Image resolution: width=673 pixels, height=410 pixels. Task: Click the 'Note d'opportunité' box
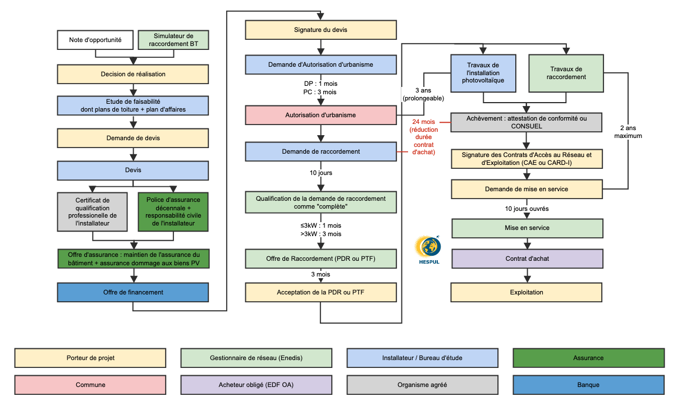(x=95, y=40)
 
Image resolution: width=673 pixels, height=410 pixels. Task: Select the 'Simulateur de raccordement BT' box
(x=173, y=40)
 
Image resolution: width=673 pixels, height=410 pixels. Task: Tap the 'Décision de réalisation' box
(x=133, y=74)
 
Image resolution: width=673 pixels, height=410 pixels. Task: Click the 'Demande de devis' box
(x=133, y=138)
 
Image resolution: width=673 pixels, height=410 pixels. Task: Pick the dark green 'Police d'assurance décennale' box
(x=173, y=212)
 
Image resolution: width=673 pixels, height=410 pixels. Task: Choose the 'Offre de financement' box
(x=133, y=292)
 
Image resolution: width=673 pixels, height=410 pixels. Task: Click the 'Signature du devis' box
(x=321, y=30)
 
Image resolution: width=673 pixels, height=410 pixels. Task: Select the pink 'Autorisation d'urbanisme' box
(x=321, y=115)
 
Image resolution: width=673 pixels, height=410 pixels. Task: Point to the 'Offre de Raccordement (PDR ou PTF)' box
(x=321, y=259)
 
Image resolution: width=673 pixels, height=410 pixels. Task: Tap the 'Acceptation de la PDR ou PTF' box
(x=321, y=292)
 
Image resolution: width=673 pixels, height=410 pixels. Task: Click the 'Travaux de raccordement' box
(x=566, y=73)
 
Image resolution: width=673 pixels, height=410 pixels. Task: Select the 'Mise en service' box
(x=527, y=228)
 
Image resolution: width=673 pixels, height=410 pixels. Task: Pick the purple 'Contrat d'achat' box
(x=527, y=259)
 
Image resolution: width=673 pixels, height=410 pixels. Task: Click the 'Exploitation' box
(x=527, y=292)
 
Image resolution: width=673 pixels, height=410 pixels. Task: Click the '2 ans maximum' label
(x=628, y=131)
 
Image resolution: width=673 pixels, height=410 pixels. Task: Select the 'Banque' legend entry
(x=588, y=385)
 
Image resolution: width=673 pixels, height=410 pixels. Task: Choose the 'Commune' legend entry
(x=90, y=385)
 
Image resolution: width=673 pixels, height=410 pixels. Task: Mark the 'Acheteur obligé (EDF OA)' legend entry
(x=256, y=385)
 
